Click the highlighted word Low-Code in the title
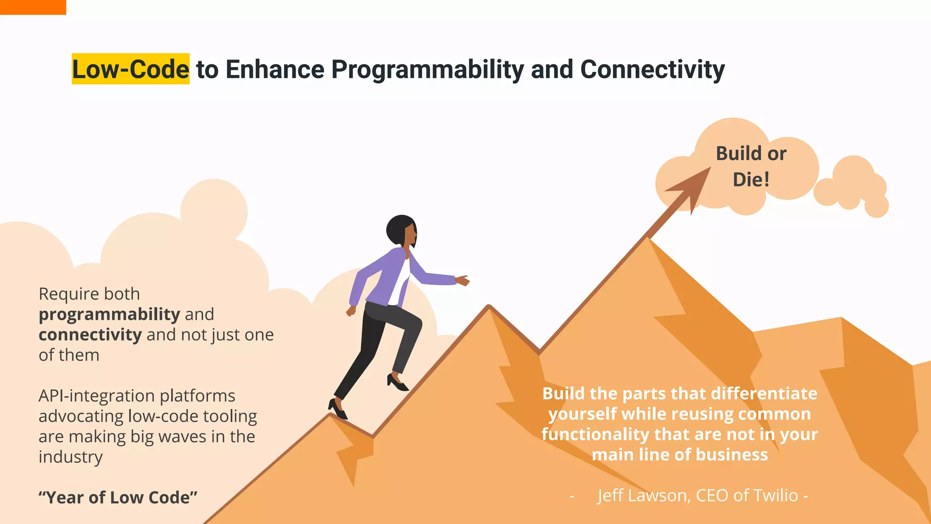[x=130, y=69]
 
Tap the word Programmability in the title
[x=427, y=70]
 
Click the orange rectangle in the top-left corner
[x=33, y=7]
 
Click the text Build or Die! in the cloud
[x=751, y=166]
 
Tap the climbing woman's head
[x=401, y=230]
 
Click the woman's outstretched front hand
[x=462, y=280]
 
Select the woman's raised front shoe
[x=397, y=382]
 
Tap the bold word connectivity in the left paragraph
[x=90, y=335]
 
